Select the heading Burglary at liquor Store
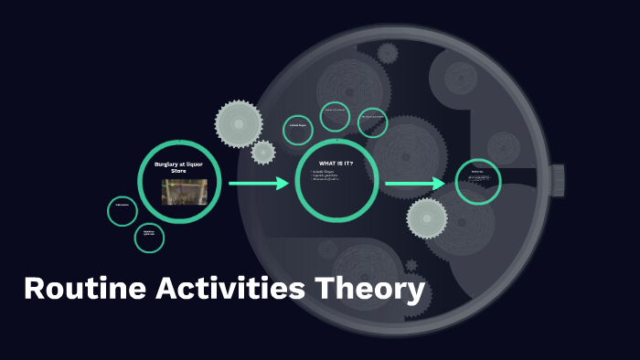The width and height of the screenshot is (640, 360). click(180, 166)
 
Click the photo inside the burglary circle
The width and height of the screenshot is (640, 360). click(184, 192)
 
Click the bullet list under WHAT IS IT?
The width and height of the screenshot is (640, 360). click(328, 175)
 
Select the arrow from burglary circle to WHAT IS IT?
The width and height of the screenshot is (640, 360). click(258, 184)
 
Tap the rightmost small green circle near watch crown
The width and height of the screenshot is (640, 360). click(478, 182)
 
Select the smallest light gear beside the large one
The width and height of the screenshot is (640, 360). click(263, 152)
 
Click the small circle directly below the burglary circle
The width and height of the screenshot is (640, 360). click(149, 238)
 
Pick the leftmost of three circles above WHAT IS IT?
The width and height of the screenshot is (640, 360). click(297, 130)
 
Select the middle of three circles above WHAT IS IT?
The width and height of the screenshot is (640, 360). click(335, 116)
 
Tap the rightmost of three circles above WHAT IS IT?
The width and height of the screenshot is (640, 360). click(372, 122)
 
